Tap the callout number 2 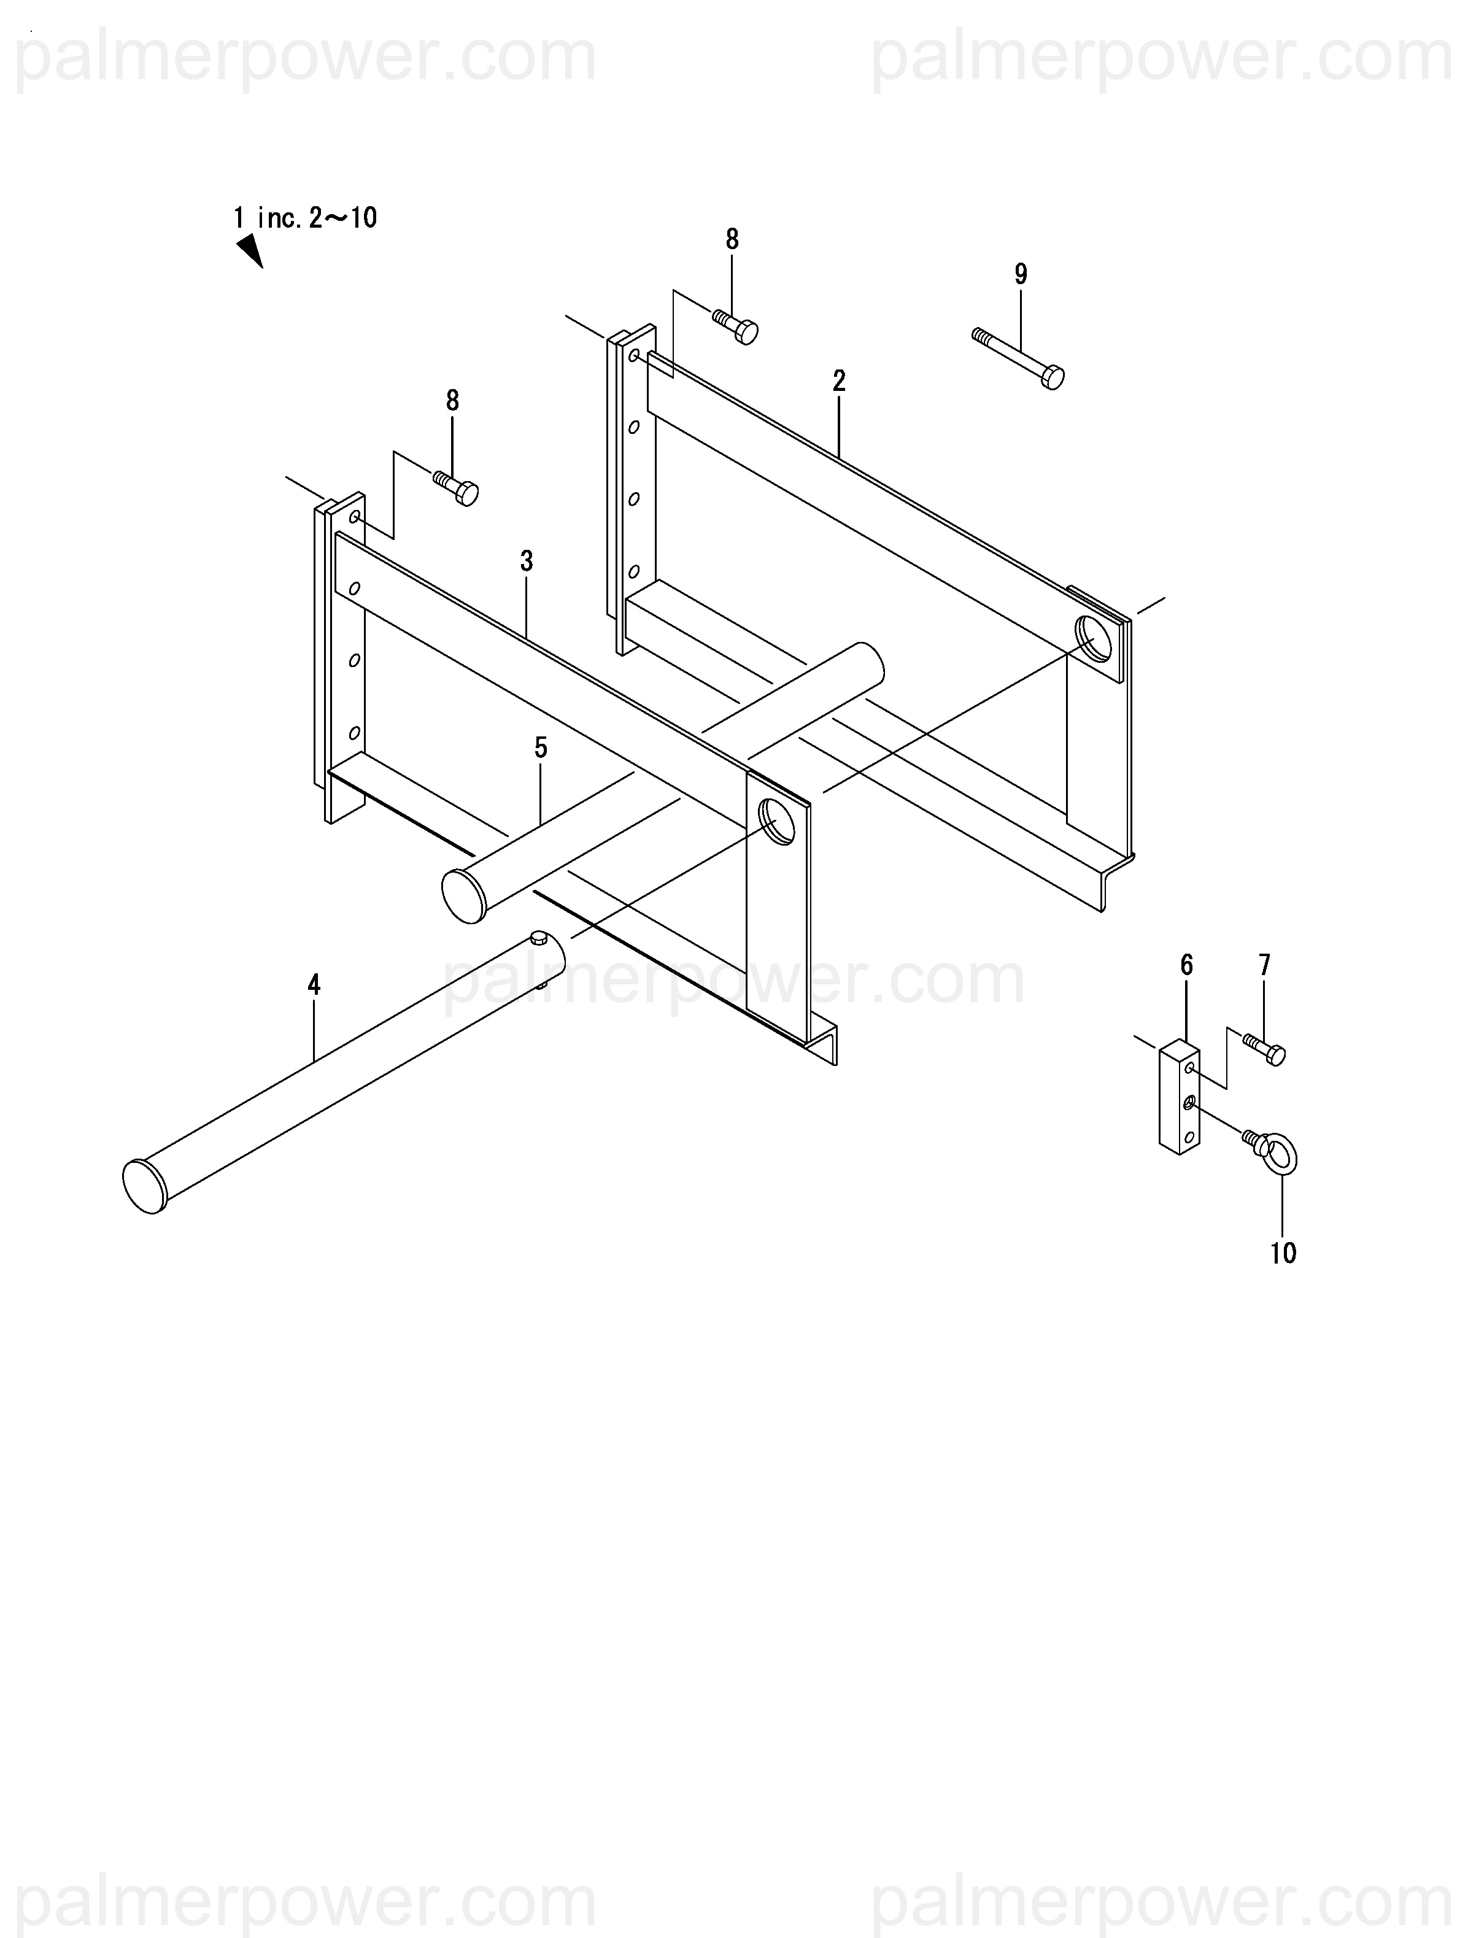coord(839,381)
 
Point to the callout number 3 coord(526,562)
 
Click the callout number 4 coord(314,985)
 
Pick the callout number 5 coord(541,747)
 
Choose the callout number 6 coord(1187,965)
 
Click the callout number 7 coord(1264,965)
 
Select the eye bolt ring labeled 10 coord(1282,1157)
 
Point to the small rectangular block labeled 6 coord(1179,1096)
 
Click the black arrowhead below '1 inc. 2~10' coord(250,250)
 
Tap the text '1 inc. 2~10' coord(305,217)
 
